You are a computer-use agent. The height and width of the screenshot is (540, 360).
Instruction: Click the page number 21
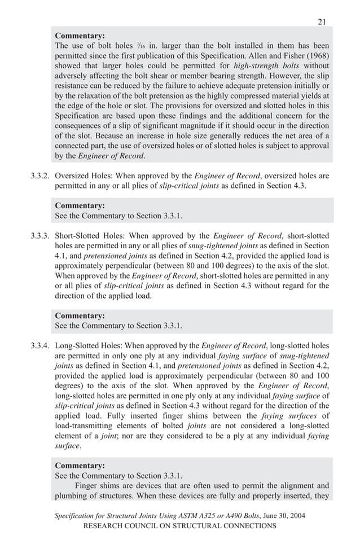(x=321, y=22)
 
